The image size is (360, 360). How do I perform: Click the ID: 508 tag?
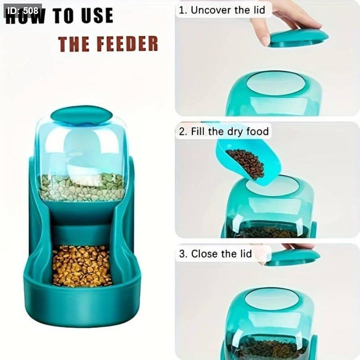click(x=22, y=11)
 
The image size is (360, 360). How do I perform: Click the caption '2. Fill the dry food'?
click(x=224, y=132)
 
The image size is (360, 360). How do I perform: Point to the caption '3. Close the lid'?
click(x=215, y=254)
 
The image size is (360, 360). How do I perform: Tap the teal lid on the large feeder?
click(x=82, y=115)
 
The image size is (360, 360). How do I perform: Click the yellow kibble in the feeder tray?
click(x=82, y=266)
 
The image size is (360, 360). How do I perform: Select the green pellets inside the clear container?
click(x=82, y=187)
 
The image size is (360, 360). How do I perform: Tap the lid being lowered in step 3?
click(x=293, y=258)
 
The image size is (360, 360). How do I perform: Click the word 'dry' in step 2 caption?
click(x=235, y=132)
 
